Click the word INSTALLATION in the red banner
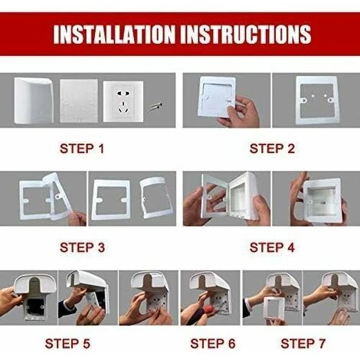pos(114,34)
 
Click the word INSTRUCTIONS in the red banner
pos(247,34)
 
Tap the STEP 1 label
pos(82,149)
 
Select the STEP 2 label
pos(272,149)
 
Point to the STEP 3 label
pos(82,247)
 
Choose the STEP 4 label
pos(272,247)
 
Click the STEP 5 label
pos(67,344)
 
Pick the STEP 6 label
pos(213,344)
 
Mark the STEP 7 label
pos(303,344)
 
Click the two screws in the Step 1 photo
pos(155,106)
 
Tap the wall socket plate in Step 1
pos(123,102)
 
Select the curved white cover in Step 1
pos(34,100)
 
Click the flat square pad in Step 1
pos(79,101)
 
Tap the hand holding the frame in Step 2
pos(239,112)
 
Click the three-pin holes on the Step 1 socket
pos(123,108)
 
